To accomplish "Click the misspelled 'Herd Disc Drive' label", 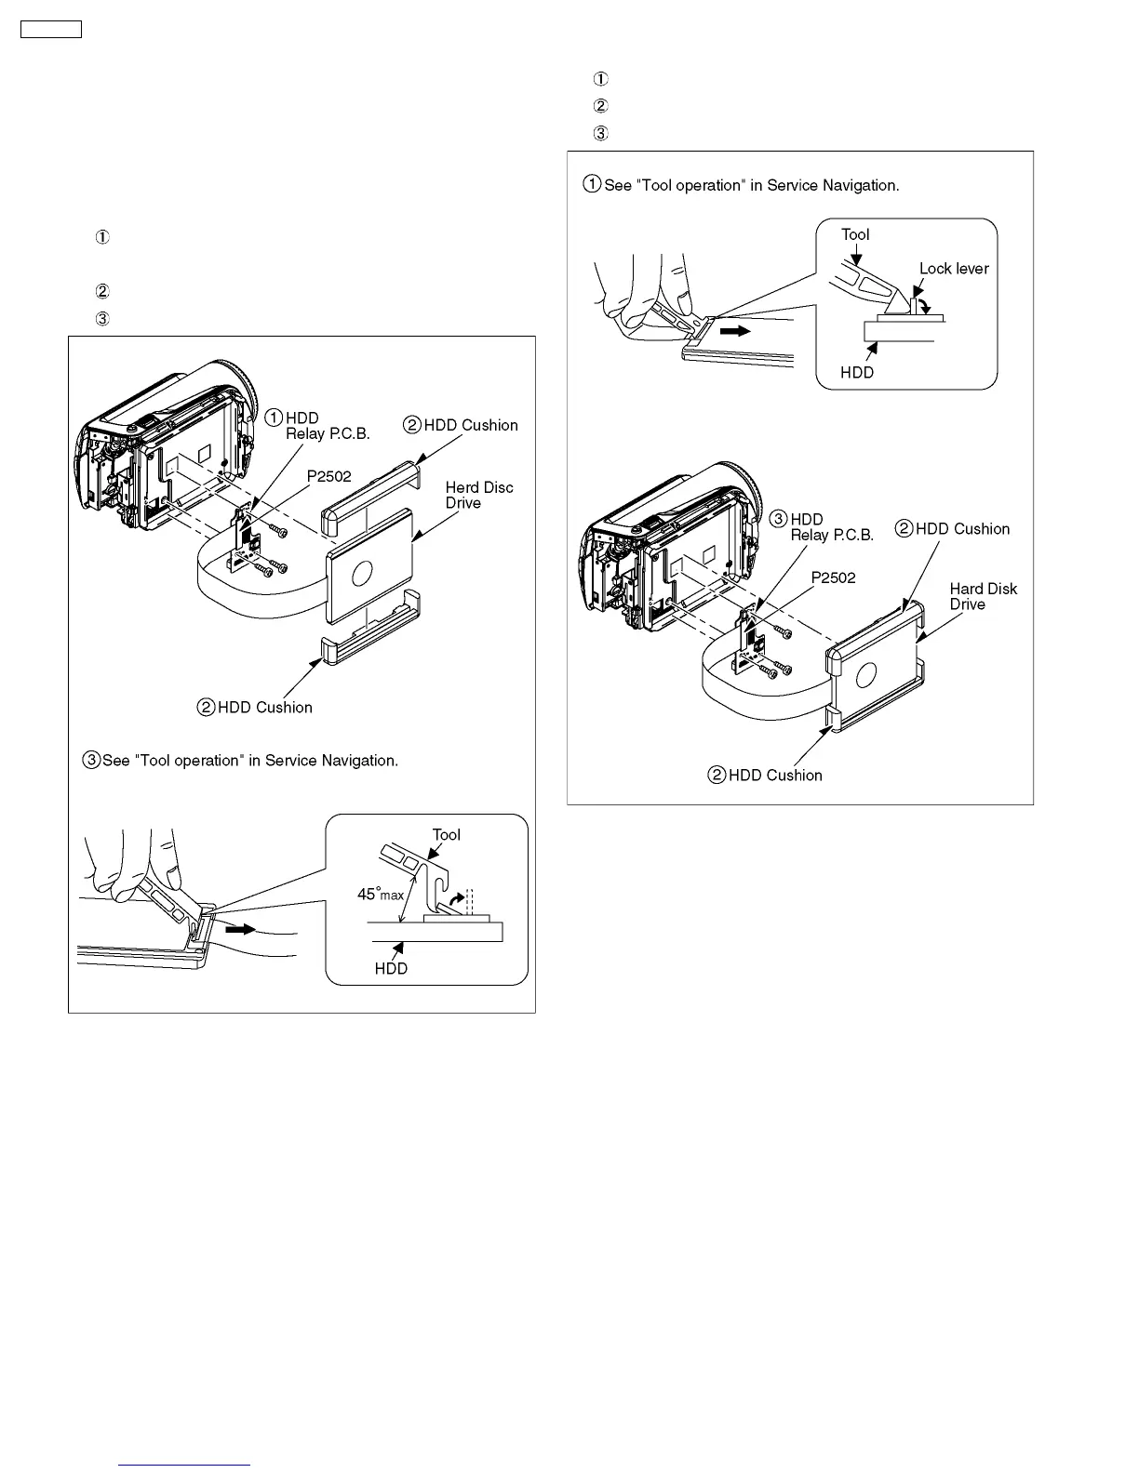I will click(x=478, y=495).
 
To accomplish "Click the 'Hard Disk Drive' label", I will click(x=983, y=596).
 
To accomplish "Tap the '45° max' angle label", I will click(x=381, y=895).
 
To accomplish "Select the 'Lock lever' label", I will click(x=954, y=269).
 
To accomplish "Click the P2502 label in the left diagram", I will click(x=329, y=476).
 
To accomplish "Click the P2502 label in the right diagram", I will click(x=833, y=577).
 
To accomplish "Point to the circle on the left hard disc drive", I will click(x=362, y=574).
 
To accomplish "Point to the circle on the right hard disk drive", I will click(x=867, y=674).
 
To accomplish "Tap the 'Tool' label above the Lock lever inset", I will click(x=855, y=234).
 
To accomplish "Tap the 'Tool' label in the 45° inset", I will click(x=446, y=834).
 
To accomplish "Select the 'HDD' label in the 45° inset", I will click(x=391, y=968).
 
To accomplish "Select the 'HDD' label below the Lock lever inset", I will click(x=857, y=372).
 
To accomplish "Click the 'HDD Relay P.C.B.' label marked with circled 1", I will click(x=327, y=426).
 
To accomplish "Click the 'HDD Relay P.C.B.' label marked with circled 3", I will click(x=831, y=527).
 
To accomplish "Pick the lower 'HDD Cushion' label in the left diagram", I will click(x=264, y=707).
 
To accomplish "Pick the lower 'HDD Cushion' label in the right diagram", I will click(x=775, y=775).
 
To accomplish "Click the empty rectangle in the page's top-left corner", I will click(x=51, y=29).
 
